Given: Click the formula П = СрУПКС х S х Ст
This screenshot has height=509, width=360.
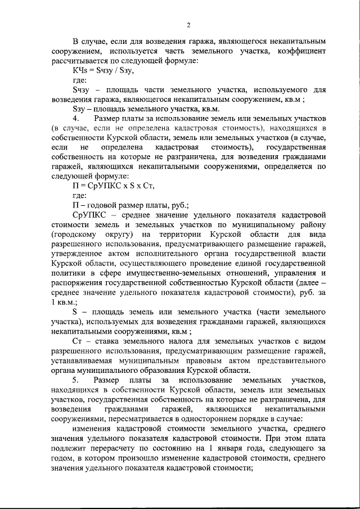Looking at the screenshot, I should (113, 185).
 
